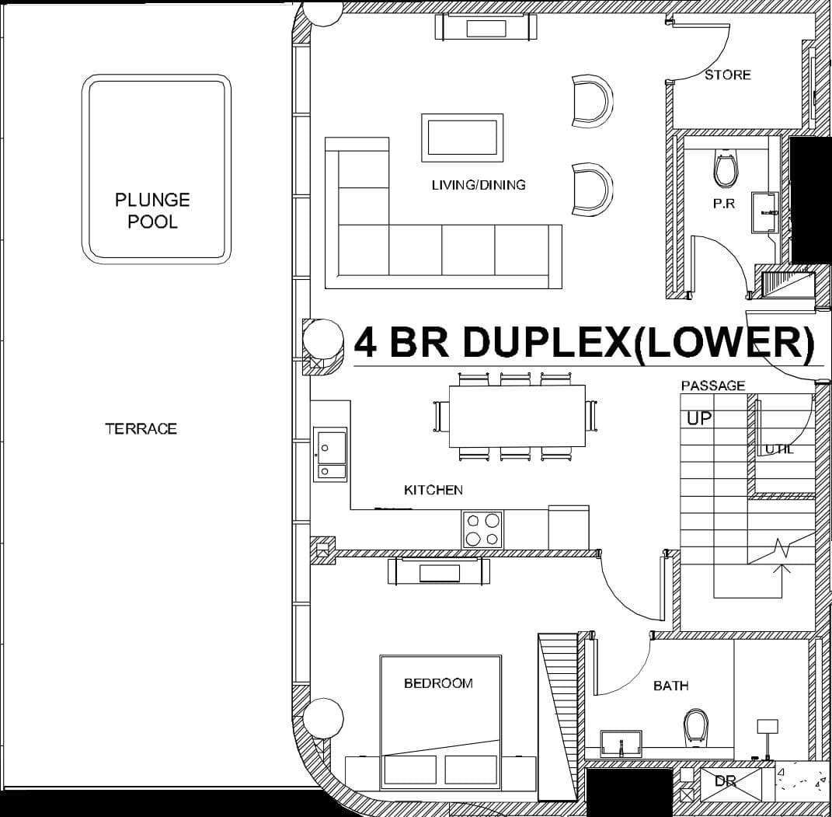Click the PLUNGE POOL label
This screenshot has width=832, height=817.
coord(152,211)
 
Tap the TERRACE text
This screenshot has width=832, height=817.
coord(141,428)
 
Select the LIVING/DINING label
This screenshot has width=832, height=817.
coord(479,185)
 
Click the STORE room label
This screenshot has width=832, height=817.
coord(728,75)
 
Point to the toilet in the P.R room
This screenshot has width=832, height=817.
coord(725,169)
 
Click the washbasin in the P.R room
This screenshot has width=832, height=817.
coord(764,211)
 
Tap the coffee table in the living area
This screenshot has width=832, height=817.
coord(461,138)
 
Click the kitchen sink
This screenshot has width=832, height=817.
coord(330,454)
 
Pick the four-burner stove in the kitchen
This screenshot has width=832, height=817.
coord(482,529)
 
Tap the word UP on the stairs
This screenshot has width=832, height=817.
coord(699,418)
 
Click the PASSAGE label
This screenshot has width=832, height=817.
coord(713,386)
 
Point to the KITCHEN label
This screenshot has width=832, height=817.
coord(433,490)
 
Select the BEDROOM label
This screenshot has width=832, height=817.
coord(438,683)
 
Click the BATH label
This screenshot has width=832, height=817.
coord(670,686)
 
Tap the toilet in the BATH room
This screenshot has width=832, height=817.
coord(695,726)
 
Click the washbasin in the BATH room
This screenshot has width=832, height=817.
coord(621,743)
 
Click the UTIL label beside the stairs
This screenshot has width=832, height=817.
coord(779,449)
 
